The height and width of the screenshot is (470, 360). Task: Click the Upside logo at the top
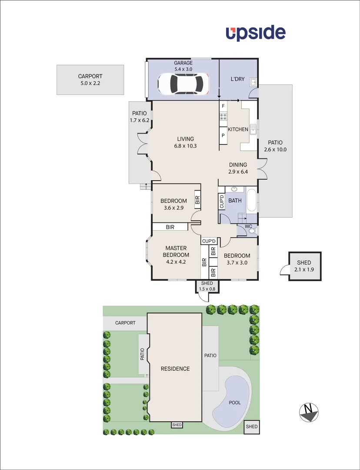pos(256,34)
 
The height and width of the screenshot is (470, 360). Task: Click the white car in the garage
pos(183,84)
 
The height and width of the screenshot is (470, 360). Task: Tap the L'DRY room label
pos(237,79)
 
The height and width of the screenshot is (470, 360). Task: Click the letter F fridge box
pos(223,106)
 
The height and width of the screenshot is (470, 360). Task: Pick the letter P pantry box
pos(223,135)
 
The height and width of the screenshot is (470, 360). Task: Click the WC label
pos(248,226)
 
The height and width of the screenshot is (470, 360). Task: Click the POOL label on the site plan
pos(235,403)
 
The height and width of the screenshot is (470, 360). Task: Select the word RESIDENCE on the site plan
pos(175,369)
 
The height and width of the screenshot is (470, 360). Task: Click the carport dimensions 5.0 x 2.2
pos(90,83)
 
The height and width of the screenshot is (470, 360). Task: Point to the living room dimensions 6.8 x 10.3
pos(185,146)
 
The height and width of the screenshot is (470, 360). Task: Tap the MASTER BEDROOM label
pos(176,252)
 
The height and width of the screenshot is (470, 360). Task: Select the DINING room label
pos(238,165)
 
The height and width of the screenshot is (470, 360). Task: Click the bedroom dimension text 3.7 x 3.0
pos(237,262)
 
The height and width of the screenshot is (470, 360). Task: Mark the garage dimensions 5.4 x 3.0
pos(183,69)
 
